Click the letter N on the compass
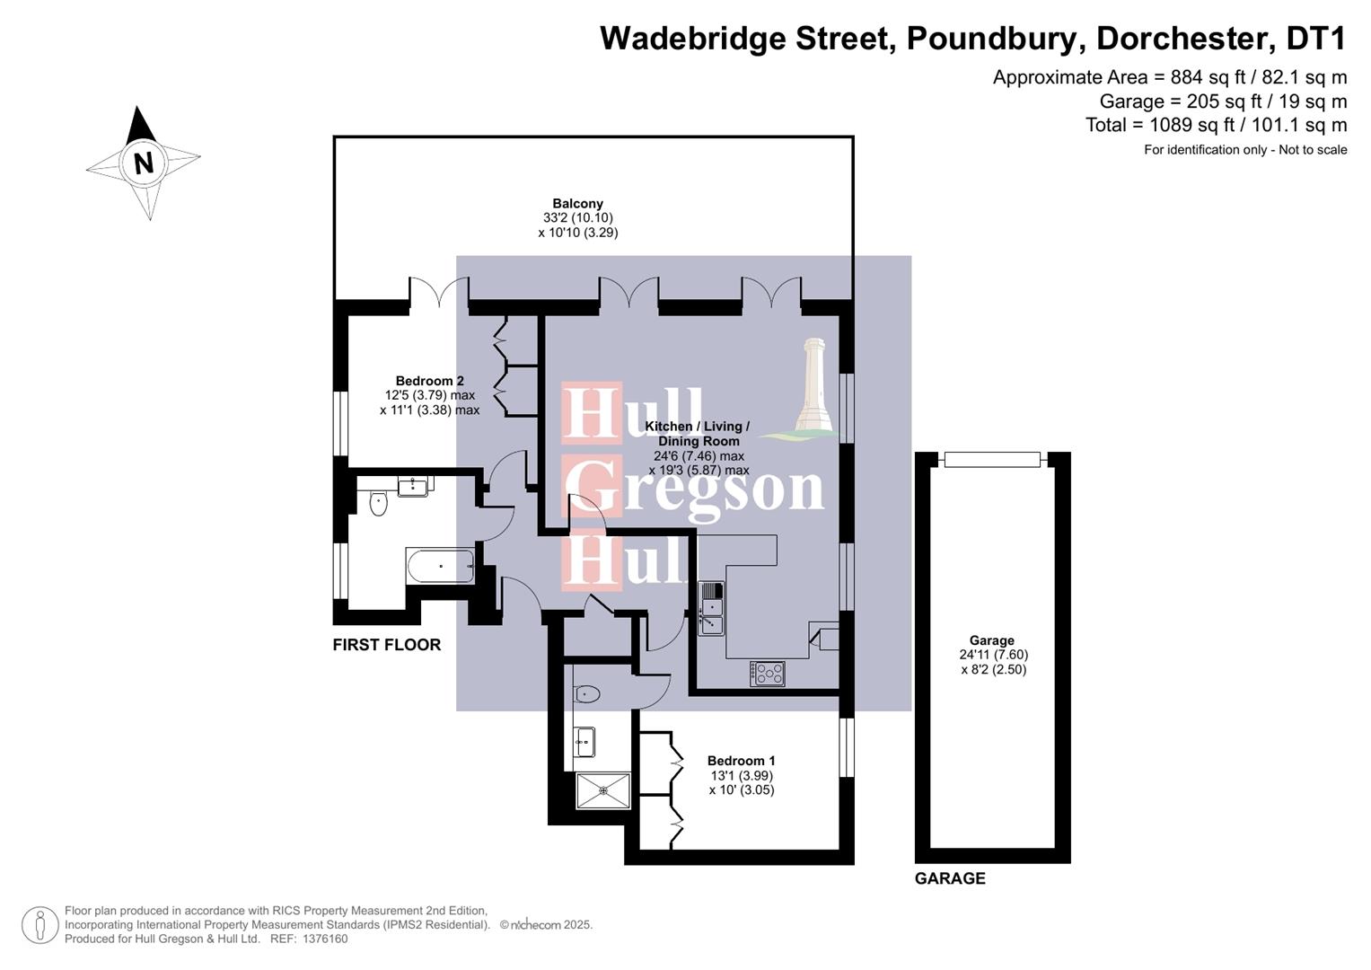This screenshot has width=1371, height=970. (x=143, y=163)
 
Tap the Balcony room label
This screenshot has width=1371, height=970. (x=577, y=204)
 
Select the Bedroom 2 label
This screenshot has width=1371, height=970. (x=429, y=381)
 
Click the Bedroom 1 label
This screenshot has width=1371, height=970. (x=741, y=761)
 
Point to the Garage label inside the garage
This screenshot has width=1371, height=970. (x=992, y=640)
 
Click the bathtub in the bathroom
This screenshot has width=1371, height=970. (x=440, y=566)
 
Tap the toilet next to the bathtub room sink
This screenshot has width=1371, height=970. (x=378, y=502)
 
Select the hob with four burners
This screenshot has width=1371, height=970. (x=768, y=673)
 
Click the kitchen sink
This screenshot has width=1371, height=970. (x=711, y=608)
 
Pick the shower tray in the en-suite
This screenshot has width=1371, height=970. (x=602, y=790)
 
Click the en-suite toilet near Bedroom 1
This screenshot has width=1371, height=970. (x=587, y=693)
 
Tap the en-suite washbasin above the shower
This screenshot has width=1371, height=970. (x=584, y=741)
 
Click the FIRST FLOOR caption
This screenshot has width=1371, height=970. (x=386, y=645)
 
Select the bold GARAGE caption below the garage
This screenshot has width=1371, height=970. (x=950, y=878)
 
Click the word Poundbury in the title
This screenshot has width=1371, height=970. (x=996, y=39)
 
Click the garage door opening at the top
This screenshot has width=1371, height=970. (x=992, y=460)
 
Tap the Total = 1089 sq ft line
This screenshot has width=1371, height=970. (x=1216, y=125)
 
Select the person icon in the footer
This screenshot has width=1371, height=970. (x=40, y=925)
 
